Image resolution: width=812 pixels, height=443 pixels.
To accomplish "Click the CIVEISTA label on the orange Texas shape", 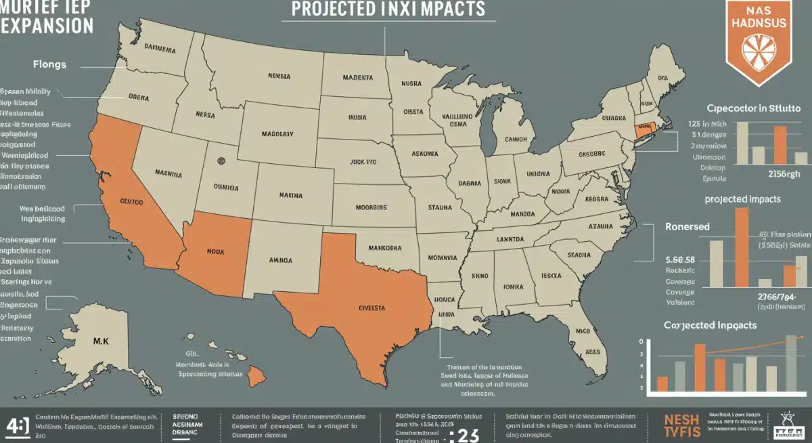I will (x=371, y=308).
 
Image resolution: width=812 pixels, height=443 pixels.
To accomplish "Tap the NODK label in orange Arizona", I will (x=215, y=251).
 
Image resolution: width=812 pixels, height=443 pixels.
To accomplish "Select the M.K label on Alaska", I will (x=101, y=341).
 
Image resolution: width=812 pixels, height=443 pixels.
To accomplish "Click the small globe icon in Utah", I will (x=220, y=161).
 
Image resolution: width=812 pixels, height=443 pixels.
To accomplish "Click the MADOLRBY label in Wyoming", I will (x=277, y=134).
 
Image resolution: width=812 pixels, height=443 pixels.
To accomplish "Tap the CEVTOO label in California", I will (x=133, y=201).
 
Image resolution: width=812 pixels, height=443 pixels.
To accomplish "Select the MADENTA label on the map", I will (x=357, y=78).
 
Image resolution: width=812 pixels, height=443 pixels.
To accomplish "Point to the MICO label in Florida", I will (x=583, y=332).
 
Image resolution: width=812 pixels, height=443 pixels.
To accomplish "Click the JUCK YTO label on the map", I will (x=362, y=162).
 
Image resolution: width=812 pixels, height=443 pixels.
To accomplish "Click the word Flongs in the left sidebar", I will (x=49, y=65).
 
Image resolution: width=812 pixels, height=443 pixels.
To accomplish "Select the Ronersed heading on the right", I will (x=687, y=227).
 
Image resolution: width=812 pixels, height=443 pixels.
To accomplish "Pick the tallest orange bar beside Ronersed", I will (x=742, y=247).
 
